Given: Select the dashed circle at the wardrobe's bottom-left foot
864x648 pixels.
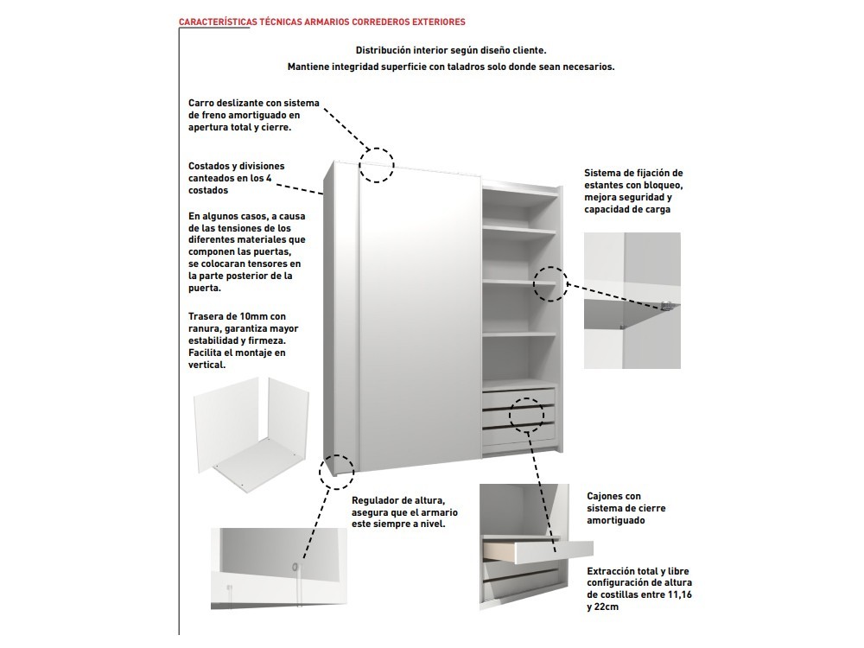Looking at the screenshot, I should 336,469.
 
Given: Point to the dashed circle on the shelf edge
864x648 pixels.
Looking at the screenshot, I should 550,283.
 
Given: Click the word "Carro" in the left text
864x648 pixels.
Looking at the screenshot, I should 201,103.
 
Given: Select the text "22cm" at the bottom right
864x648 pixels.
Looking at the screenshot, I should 605,607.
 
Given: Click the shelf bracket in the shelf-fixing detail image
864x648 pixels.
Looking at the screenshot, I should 665,304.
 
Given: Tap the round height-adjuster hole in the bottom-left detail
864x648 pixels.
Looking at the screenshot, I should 296,568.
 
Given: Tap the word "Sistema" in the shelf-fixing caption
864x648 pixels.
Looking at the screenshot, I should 603,173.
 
